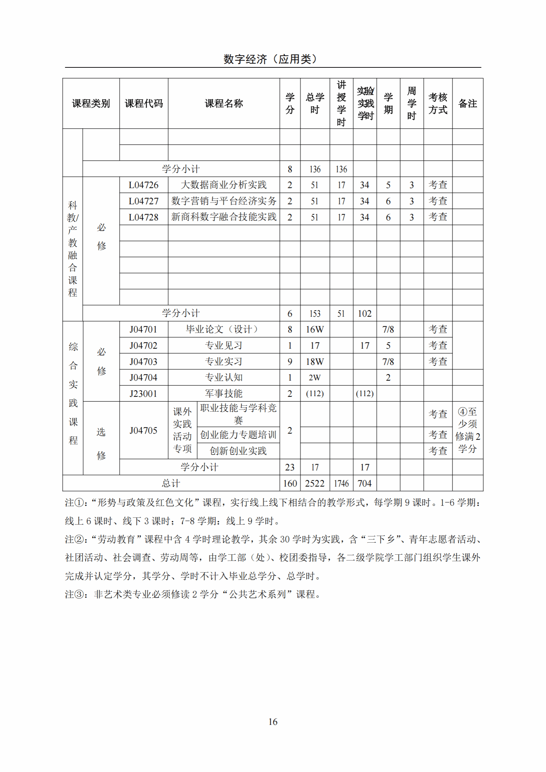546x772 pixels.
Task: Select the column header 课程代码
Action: pyautogui.click(x=144, y=104)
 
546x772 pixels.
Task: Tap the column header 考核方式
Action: pyautogui.click(x=438, y=104)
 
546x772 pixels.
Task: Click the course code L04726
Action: pyautogui.click(x=144, y=185)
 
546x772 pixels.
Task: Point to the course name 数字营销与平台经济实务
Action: pyautogui.click(x=224, y=201)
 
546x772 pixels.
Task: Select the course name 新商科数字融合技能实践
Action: pyautogui.click(x=224, y=217)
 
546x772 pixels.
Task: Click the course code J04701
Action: pyautogui.click(x=144, y=329)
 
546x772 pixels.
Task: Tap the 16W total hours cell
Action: pyautogui.click(x=315, y=329)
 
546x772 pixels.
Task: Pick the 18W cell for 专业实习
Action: pyautogui.click(x=315, y=361)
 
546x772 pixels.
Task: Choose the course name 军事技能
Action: pyautogui.click(x=224, y=393)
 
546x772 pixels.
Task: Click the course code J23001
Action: pyautogui.click(x=144, y=393)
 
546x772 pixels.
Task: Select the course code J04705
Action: pyautogui.click(x=144, y=430)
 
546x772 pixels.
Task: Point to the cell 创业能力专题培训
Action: pyautogui.click(x=238, y=435)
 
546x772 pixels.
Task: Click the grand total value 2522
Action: pyautogui.click(x=315, y=483)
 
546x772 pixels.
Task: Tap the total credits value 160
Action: pyautogui.click(x=290, y=483)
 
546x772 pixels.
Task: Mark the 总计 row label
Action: pyautogui.click(x=171, y=483)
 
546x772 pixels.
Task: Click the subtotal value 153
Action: pyautogui.click(x=315, y=313)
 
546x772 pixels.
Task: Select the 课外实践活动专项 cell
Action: pyautogui.click(x=182, y=430)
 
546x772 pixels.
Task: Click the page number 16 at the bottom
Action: pyautogui.click(x=273, y=721)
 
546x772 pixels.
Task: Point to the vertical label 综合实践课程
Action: pyautogui.click(x=73, y=393)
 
